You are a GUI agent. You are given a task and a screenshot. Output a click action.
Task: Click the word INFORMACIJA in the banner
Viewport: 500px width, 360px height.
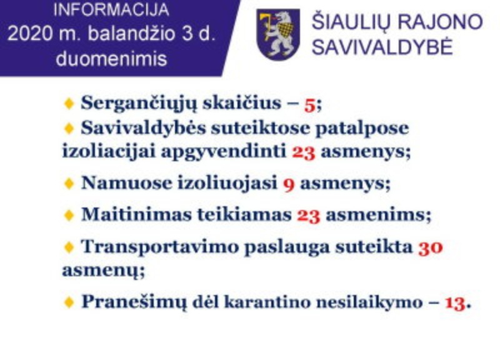[x=111, y=10]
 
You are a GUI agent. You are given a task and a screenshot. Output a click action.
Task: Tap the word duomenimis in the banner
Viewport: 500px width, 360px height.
[x=111, y=59]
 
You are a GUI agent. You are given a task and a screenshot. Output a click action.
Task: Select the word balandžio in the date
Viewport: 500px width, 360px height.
[x=131, y=34]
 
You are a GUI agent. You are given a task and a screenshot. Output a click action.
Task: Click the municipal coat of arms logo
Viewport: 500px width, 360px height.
[x=278, y=34]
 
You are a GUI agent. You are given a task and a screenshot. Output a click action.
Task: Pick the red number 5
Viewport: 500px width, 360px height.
[x=309, y=105]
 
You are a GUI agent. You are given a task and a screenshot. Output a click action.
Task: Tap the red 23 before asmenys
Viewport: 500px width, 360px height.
[x=304, y=152]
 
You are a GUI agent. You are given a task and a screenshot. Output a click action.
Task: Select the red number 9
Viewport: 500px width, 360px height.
[x=289, y=184]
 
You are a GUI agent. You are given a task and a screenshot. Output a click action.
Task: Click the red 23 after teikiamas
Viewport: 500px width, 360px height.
[x=308, y=216]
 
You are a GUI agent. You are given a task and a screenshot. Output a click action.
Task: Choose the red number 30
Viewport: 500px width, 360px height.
[x=431, y=247]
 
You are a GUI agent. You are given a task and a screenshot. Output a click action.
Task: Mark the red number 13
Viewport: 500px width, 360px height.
[x=455, y=303]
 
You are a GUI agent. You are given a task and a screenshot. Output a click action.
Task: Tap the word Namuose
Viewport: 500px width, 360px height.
[x=127, y=183]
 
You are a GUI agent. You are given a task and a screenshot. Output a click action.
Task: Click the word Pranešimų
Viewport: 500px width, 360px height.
[x=134, y=302]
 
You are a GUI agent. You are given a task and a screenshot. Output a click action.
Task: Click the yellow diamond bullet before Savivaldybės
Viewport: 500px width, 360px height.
[x=69, y=129]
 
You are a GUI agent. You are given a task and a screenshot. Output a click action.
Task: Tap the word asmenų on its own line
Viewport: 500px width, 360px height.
[x=102, y=271]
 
